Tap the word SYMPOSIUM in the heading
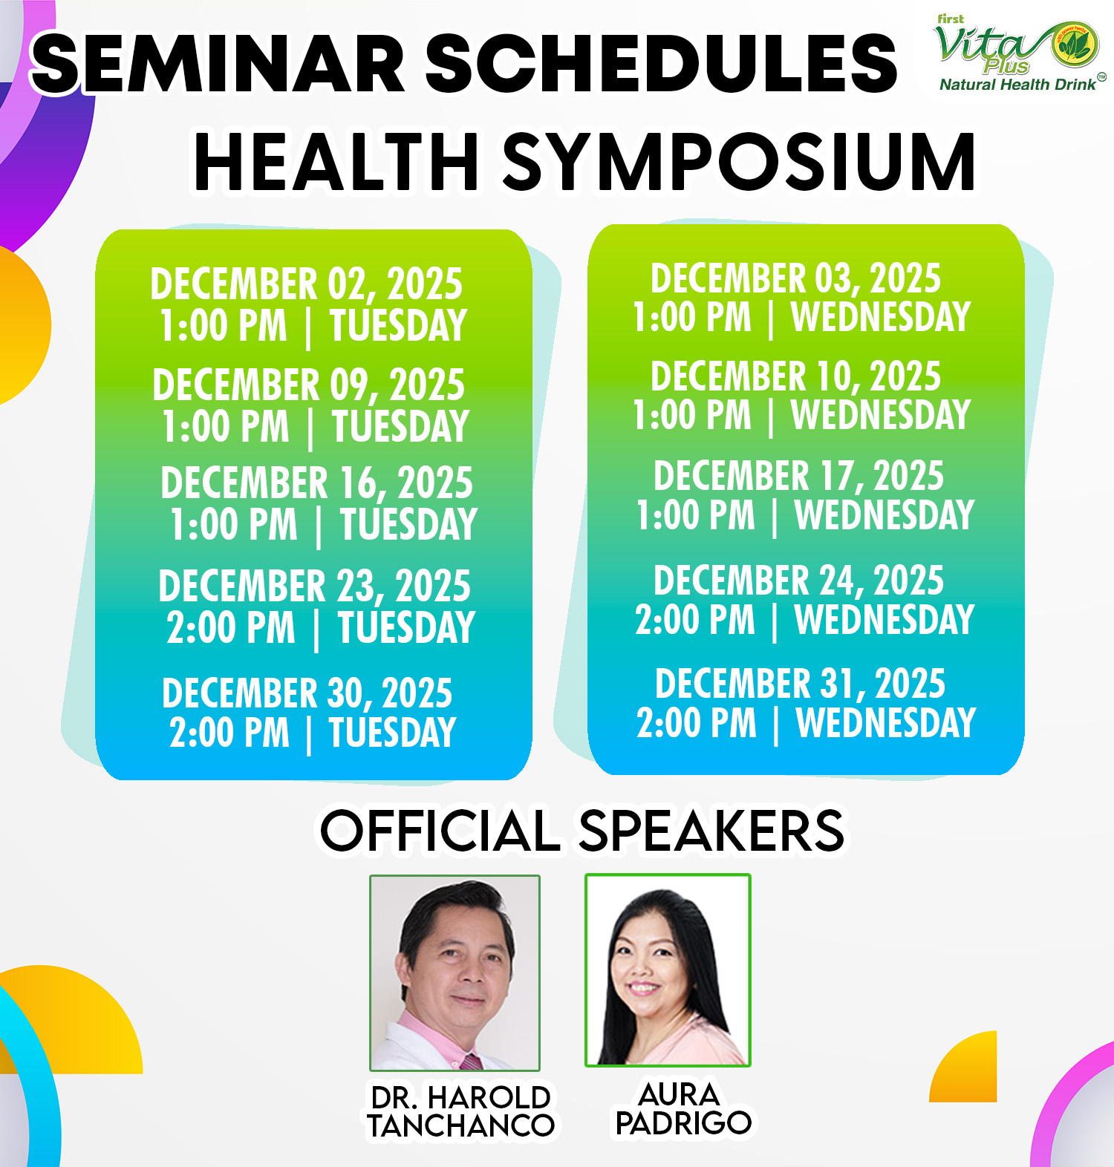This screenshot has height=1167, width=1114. tap(739, 162)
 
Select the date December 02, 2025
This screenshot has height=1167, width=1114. tap(306, 284)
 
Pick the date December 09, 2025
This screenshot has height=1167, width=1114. tap(308, 385)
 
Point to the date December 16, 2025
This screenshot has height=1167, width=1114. tap(316, 483)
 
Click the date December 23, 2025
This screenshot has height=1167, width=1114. tap(314, 586)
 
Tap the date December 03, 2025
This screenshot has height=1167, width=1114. tap(795, 278)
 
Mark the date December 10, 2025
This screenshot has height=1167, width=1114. tap(795, 376)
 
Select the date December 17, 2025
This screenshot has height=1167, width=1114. tap(798, 476)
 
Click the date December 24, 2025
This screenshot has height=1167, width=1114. tap(798, 581)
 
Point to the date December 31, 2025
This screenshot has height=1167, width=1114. tap(800, 684)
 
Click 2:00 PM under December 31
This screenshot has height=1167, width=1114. tap(697, 723)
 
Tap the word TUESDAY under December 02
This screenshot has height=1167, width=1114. tap(398, 325)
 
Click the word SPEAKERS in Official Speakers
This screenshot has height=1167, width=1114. tap(711, 831)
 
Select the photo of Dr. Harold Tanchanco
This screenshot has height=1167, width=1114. tap(455, 972)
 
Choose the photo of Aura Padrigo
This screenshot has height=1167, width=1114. tap(668, 970)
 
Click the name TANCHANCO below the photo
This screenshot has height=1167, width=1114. tap(460, 1126)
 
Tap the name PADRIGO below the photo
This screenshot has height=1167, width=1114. tap(683, 1123)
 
